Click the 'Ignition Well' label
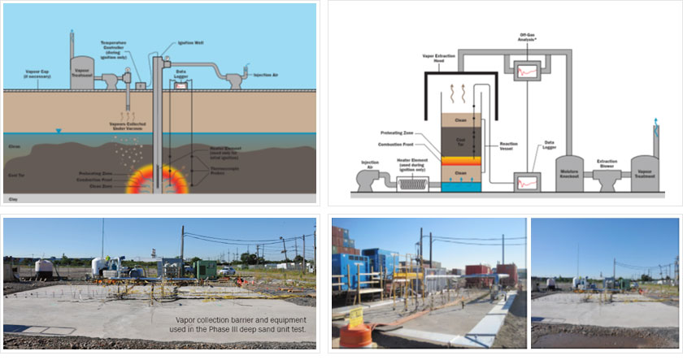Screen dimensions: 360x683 click(x=193, y=42)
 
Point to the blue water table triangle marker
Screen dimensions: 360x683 click(x=58, y=131)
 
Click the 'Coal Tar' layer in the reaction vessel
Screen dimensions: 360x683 click(x=460, y=142)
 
